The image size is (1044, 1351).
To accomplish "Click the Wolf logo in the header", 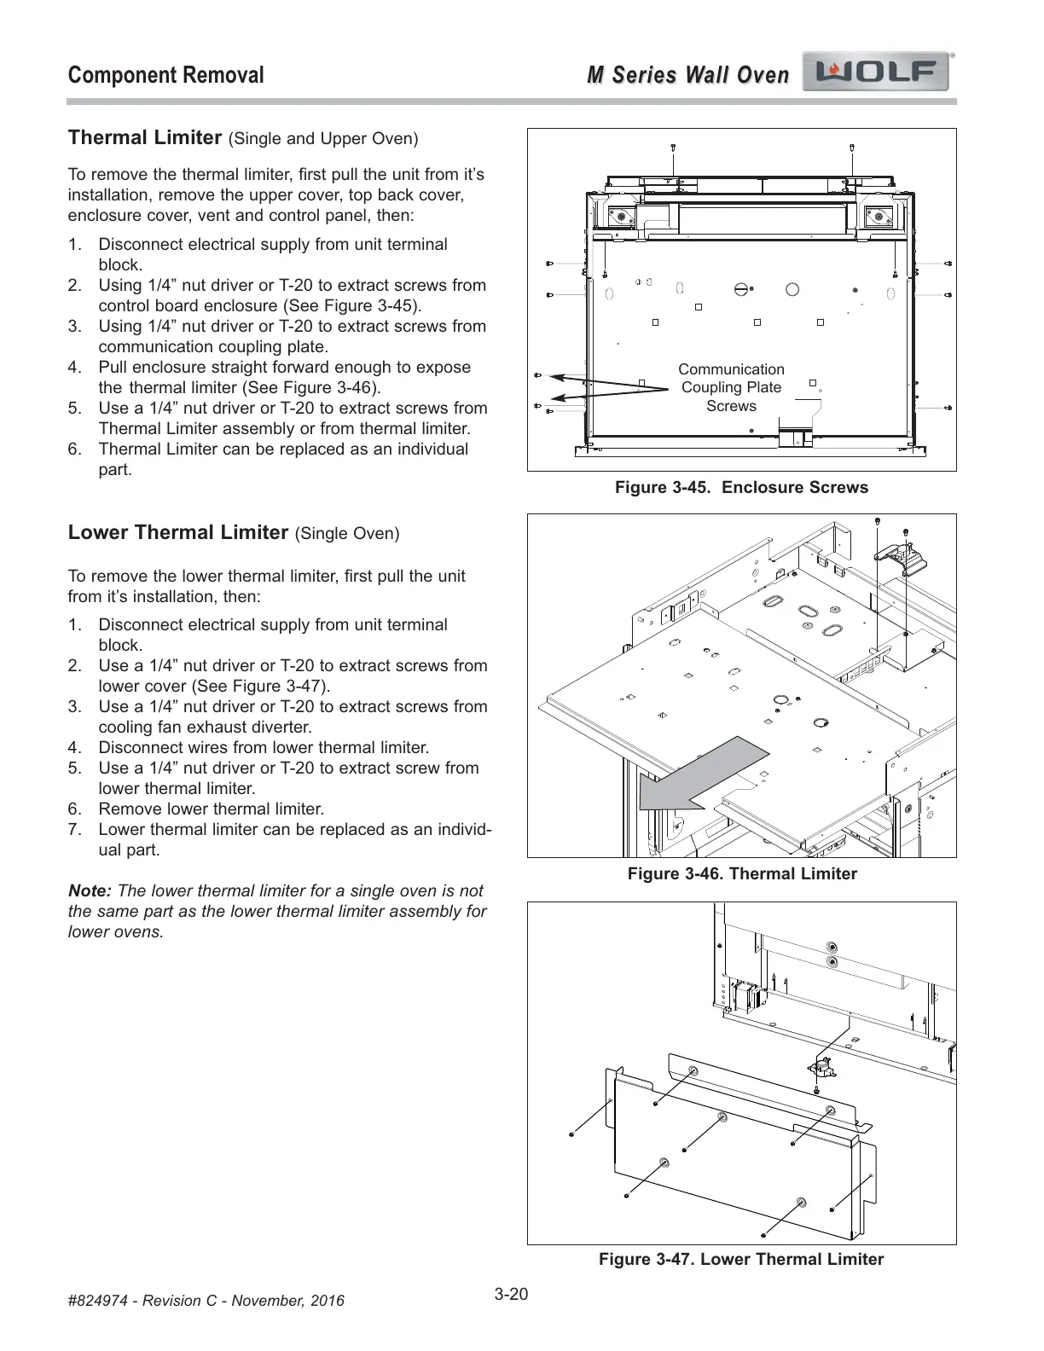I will tap(878, 74).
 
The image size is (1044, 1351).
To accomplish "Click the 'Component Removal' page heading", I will tap(165, 75).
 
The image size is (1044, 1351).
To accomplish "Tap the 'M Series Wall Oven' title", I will tap(687, 75).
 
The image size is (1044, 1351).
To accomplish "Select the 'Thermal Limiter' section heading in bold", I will tap(145, 137).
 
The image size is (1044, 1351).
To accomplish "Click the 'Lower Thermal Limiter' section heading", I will tap(178, 533).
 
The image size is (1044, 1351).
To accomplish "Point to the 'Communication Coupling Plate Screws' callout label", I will tap(731, 387).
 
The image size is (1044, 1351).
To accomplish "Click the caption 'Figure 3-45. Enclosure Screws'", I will tap(741, 488).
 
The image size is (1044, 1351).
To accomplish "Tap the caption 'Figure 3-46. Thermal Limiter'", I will tap(741, 873).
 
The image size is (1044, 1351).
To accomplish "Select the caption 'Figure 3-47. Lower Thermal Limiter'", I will tap(741, 1260).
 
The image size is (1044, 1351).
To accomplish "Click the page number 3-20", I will tap(512, 1295).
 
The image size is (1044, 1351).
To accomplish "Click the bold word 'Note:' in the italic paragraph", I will tap(90, 891).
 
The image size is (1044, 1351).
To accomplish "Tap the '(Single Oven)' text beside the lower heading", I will tap(346, 534).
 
